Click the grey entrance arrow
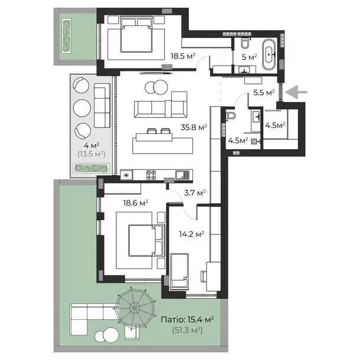296,92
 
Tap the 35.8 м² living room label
194,127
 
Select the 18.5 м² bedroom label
183,56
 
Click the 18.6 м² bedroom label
135,203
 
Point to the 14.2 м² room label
192,234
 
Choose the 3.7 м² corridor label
195,193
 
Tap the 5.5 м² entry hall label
264,93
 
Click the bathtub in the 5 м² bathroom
269,55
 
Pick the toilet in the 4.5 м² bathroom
230,116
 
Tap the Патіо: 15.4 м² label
187,320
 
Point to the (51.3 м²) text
187,330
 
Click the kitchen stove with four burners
151,175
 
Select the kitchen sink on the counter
182,175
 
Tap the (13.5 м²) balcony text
91,154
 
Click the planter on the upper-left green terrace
66,36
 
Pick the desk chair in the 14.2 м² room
204,276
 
